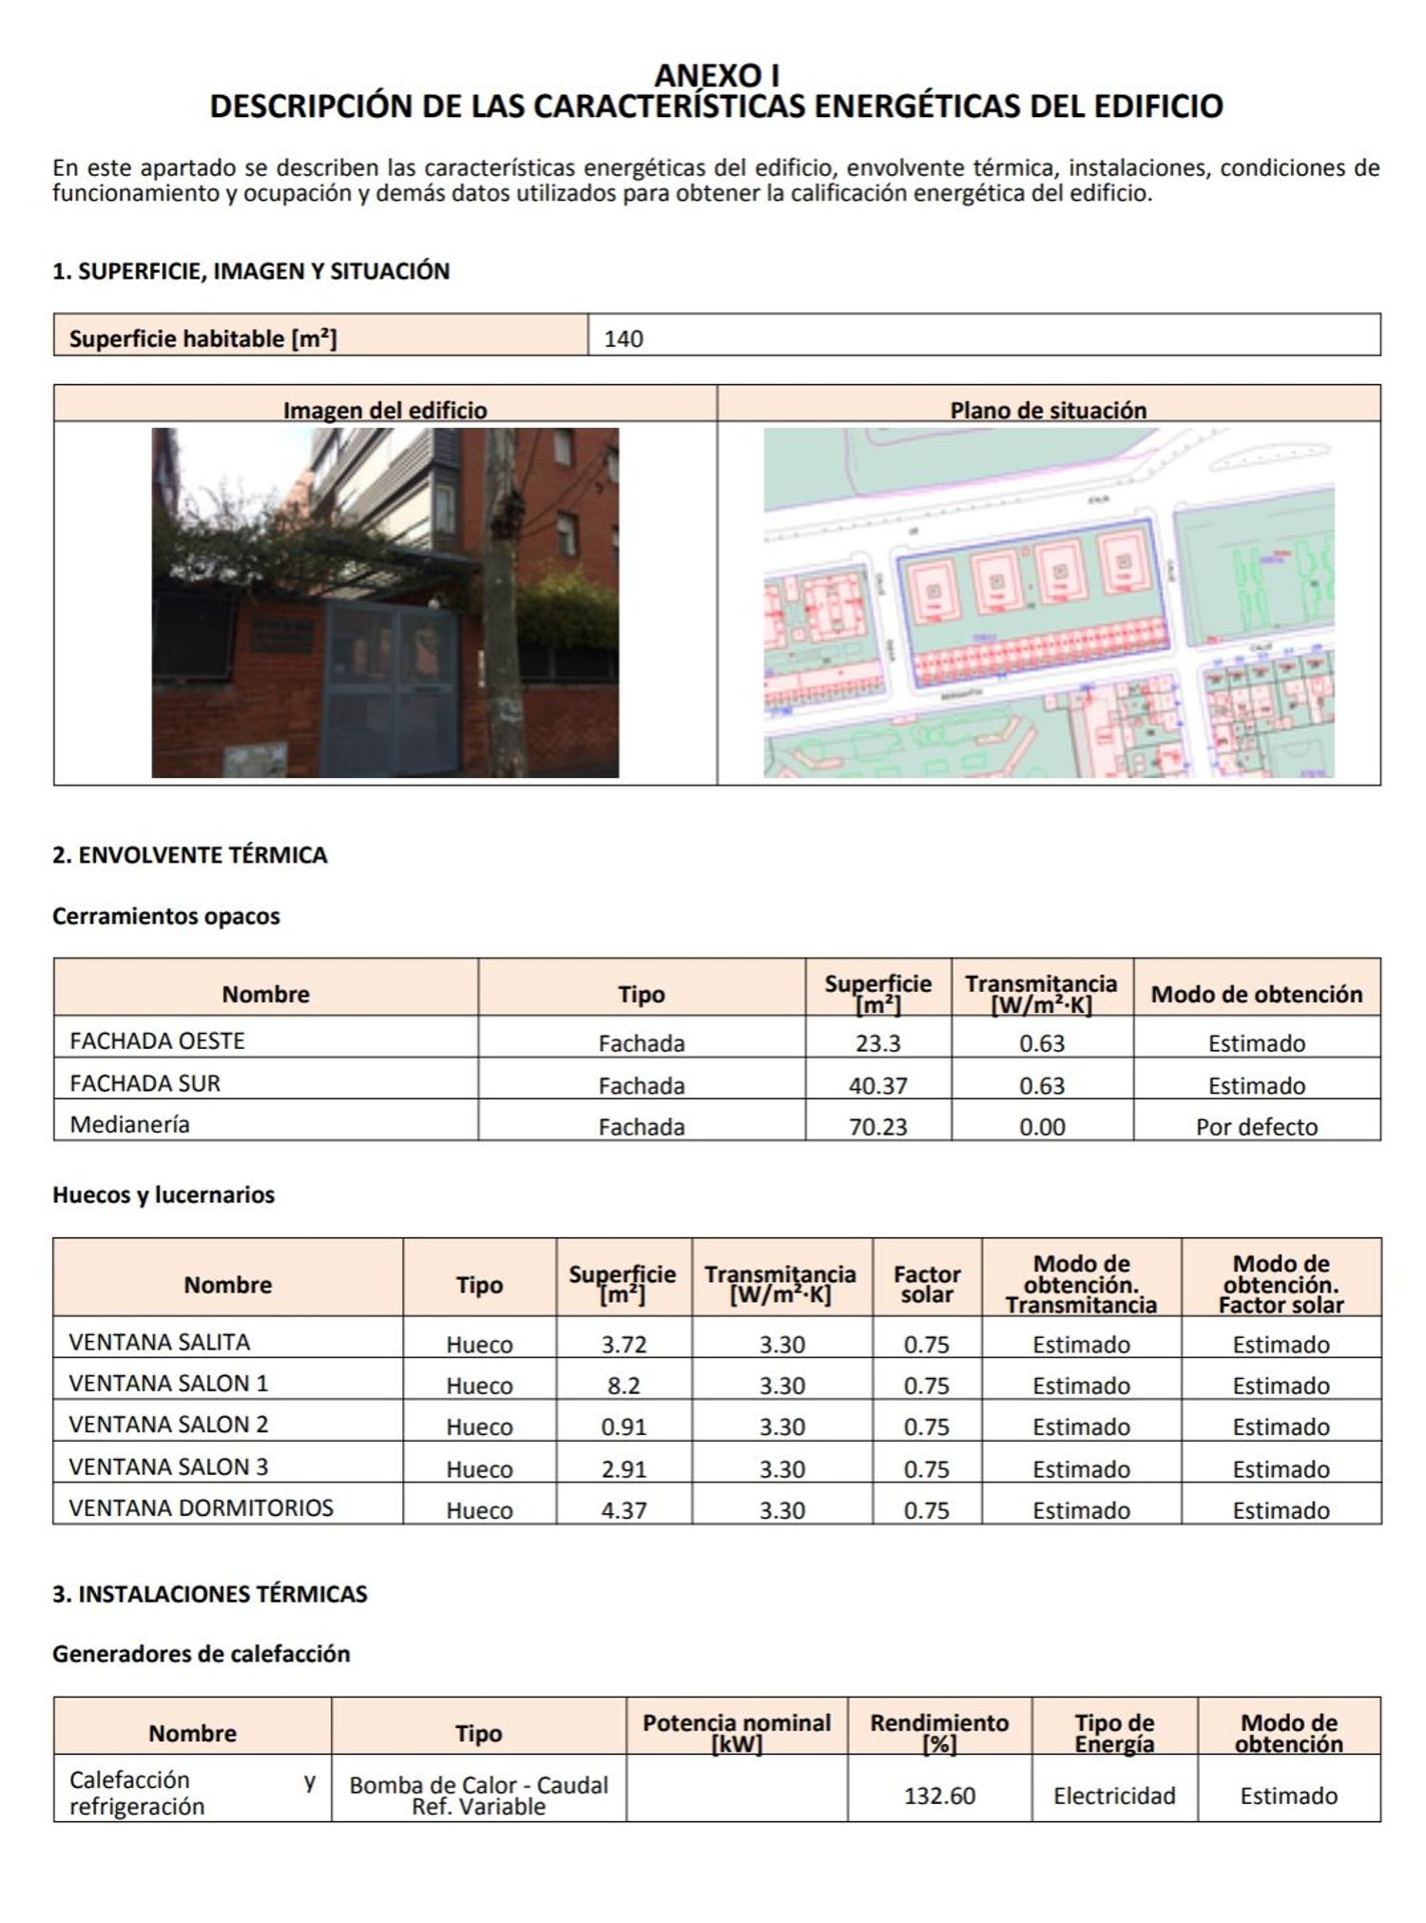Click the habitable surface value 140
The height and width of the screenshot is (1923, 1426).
[x=624, y=339]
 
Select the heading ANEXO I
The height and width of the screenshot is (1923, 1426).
[x=717, y=75]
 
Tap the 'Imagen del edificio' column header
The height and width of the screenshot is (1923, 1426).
[x=385, y=410]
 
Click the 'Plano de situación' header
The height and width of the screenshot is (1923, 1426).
[x=1048, y=410]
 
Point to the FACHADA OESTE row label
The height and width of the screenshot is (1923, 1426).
[x=157, y=1040]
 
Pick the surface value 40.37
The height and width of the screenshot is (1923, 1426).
[x=877, y=1085]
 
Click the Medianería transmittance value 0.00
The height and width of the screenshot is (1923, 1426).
[x=1042, y=1127]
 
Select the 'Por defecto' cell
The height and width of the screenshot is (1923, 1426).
[x=1256, y=1127]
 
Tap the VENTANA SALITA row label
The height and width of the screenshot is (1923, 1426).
[x=159, y=1342]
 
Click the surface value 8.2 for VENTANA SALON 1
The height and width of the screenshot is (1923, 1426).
[x=624, y=1386]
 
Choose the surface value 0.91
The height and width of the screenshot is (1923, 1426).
[x=624, y=1427]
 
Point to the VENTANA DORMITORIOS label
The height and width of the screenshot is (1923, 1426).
[x=201, y=1507]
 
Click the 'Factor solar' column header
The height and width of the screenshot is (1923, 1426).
[x=927, y=1284]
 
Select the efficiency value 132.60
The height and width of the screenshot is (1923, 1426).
[x=939, y=1796]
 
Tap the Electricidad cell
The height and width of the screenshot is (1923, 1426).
[x=1114, y=1796]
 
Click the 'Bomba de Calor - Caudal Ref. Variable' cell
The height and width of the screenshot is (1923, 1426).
[x=478, y=1796]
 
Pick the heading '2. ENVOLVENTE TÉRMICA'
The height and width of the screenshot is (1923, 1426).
[x=190, y=854]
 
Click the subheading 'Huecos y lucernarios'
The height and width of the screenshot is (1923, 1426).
[x=164, y=1195]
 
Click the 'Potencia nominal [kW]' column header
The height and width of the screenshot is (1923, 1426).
[x=737, y=1733]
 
